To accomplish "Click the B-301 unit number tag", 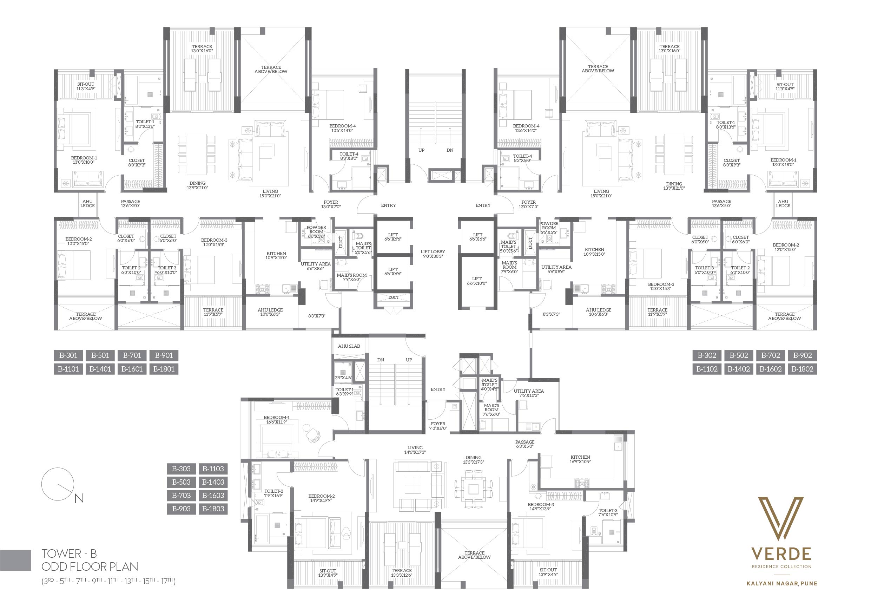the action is [68, 356].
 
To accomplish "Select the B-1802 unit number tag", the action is [802, 369].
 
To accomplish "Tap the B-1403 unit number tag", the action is [213, 482].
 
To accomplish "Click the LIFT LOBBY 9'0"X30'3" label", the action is [433, 254].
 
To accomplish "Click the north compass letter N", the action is [79, 498].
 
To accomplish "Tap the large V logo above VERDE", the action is [781, 518].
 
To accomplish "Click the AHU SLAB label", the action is [349, 346].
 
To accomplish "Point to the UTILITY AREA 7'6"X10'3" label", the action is [529, 393].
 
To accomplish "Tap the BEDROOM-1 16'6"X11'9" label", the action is [277, 419].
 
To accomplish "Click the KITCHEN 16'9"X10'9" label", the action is [580, 459].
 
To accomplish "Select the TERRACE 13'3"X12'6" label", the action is [402, 573].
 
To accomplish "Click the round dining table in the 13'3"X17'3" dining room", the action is [474, 489].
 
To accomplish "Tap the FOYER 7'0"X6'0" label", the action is [438, 426].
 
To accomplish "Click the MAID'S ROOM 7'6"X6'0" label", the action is [491, 410].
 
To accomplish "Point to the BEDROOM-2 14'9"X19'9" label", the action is [321, 498].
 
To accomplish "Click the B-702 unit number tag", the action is [771, 356].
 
